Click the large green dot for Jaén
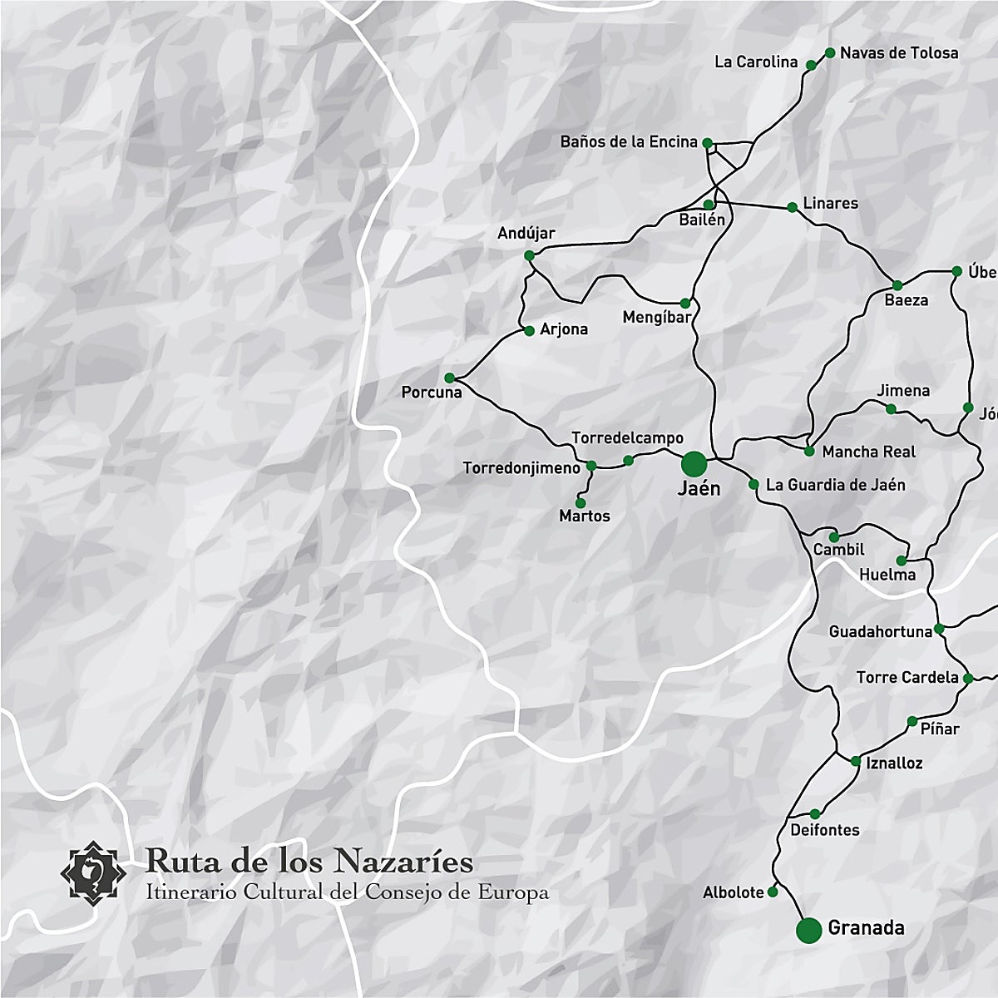(x=694, y=463)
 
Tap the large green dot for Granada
(x=808, y=930)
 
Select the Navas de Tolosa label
(x=898, y=53)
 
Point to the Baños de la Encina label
(x=629, y=142)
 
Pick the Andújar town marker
(x=529, y=255)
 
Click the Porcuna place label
(x=432, y=393)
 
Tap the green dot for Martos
(x=581, y=502)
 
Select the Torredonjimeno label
(x=521, y=469)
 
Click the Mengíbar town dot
(x=685, y=303)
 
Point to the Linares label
(x=830, y=204)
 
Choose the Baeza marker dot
(x=897, y=285)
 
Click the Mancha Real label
(x=868, y=452)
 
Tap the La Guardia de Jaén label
(x=835, y=485)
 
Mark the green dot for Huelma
(x=902, y=561)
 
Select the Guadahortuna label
(x=880, y=632)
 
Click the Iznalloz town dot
(x=856, y=761)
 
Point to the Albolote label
(x=733, y=892)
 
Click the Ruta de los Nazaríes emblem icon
(x=93, y=872)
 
